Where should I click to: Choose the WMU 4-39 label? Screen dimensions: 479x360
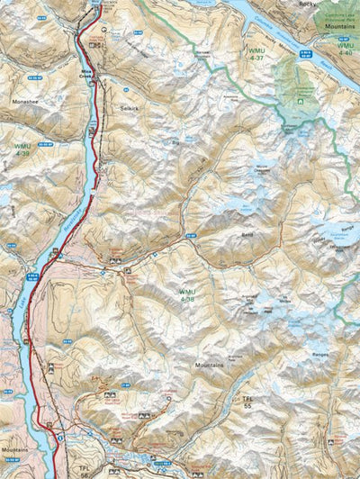click(x=19, y=151)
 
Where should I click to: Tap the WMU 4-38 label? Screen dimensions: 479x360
click(x=186, y=294)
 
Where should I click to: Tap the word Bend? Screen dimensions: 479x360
click(x=246, y=232)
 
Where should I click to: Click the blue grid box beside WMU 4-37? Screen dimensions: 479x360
click(x=279, y=55)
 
